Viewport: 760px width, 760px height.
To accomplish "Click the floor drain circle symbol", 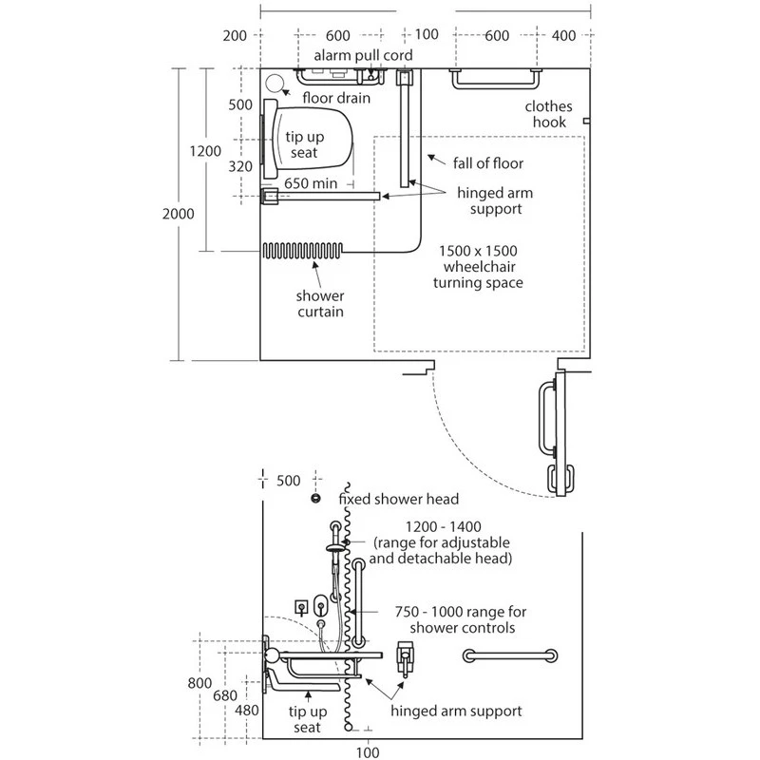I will point(275,84).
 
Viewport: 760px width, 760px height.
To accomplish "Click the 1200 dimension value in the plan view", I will point(205,150).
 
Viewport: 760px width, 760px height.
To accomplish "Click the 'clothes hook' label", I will point(546,114).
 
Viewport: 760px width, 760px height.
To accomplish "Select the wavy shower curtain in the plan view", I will point(302,252).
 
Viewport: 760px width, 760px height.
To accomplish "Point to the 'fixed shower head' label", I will point(399,499).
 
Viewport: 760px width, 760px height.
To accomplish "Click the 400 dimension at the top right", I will point(563,35).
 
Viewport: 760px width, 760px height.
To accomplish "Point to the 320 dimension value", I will point(240,166).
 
